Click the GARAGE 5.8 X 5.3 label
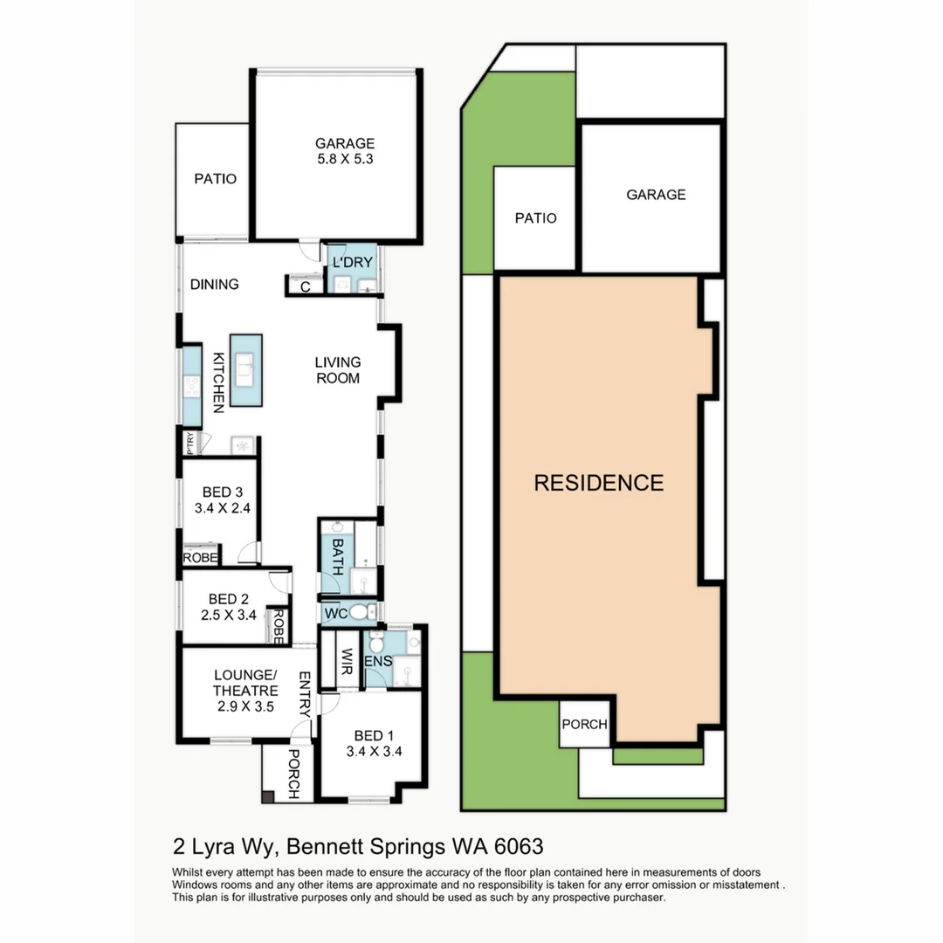[x=345, y=151]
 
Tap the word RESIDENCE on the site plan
[x=599, y=483]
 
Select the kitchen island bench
[x=246, y=370]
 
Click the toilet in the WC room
[x=359, y=612]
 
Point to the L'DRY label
[x=353, y=262]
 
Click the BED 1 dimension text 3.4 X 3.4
[x=374, y=751]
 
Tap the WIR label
[x=347, y=662]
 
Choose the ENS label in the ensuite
[x=378, y=661]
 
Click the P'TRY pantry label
[x=190, y=444]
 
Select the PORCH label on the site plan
[x=584, y=724]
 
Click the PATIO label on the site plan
[x=535, y=218]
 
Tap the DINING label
[x=214, y=284]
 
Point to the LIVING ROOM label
[x=337, y=370]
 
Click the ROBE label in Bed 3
[x=200, y=557]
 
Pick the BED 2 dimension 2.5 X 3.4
[x=229, y=615]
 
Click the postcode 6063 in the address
[x=519, y=846]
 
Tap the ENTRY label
[x=305, y=694]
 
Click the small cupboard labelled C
[x=306, y=286]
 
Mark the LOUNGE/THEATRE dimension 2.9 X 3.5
[x=245, y=706]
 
